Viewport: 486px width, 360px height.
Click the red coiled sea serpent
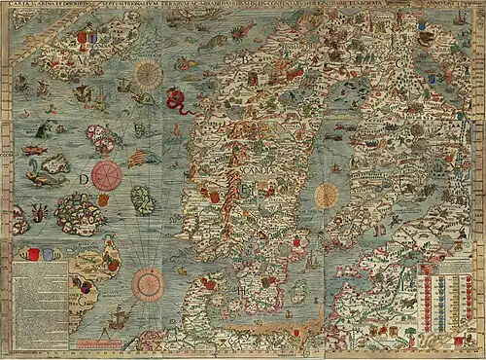[x=176, y=97]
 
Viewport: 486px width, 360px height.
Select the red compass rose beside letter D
[x=107, y=176]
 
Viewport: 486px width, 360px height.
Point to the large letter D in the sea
[x=86, y=178]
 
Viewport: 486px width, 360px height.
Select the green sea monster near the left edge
[x=46, y=129]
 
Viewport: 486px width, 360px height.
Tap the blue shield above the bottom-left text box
[x=42, y=255]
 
